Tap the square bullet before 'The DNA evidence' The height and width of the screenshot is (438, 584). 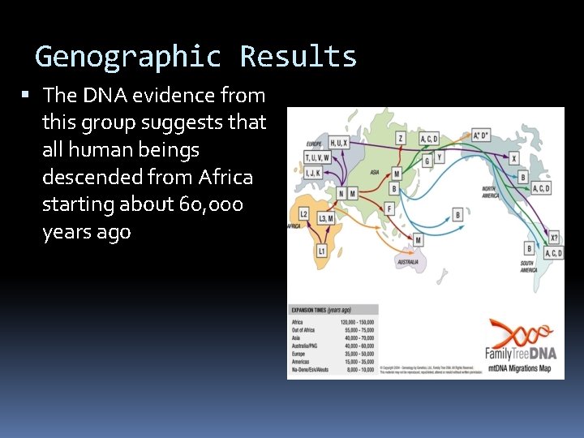pos(26,96)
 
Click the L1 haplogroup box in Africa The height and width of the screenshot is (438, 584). pos(321,251)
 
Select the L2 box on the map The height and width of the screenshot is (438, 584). pos(303,213)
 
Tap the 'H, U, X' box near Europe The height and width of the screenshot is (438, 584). pos(338,143)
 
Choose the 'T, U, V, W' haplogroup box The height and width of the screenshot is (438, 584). pos(316,158)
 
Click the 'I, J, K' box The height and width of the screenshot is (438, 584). pos(314,172)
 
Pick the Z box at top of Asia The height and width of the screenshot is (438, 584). pos(401,139)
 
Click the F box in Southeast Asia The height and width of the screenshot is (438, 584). pos(389,208)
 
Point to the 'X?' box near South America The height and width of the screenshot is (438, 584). pos(554,238)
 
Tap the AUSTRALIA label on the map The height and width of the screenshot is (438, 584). pos(407,261)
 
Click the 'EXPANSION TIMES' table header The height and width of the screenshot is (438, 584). pos(320,310)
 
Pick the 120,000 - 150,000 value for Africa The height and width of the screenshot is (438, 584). pos(358,323)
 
